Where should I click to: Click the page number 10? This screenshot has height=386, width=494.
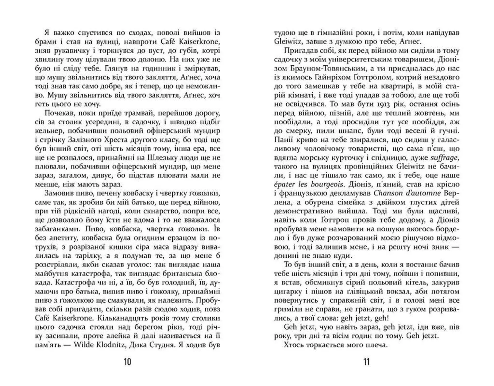[x=127, y=362]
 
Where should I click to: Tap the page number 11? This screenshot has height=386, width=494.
[x=366, y=362]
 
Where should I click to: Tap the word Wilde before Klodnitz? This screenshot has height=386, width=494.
[x=84, y=345]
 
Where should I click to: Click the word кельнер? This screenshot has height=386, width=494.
[x=48, y=131]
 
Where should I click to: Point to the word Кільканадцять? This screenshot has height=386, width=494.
[x=119, y=318]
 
